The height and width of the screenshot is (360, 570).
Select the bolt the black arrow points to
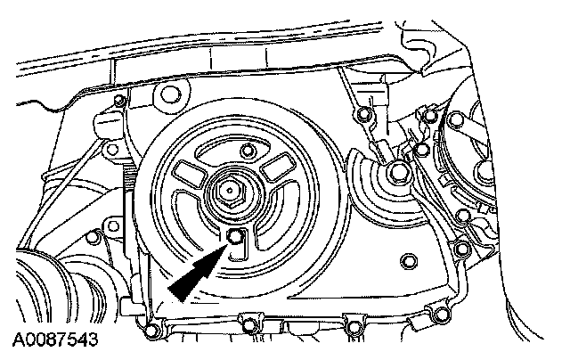[x=233, y=236]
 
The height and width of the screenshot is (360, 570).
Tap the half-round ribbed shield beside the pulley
[x=374, y=192]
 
